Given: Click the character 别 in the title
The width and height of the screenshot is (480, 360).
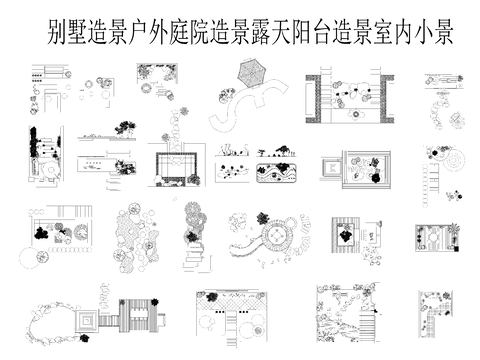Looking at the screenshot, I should point(57,33).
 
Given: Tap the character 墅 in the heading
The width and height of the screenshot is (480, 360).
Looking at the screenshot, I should point(79,33).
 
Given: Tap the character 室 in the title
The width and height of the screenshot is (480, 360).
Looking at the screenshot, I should point(397,33).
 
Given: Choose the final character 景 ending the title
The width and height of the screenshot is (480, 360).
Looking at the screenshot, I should point(442,33).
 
